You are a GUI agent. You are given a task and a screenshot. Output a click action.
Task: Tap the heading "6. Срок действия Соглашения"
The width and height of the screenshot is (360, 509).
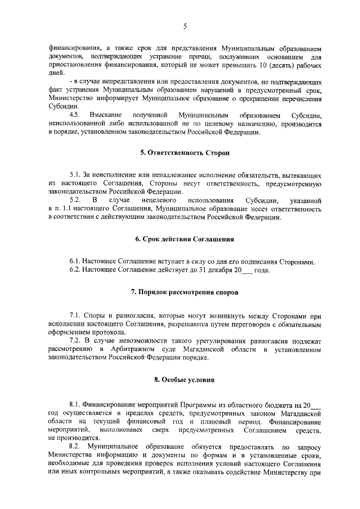tap(184, 239)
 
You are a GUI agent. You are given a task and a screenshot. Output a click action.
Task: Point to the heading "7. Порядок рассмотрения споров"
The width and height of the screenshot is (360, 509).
tap(184, 293)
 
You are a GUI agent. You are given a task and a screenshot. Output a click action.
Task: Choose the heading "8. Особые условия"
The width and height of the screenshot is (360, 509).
tap(184, 380)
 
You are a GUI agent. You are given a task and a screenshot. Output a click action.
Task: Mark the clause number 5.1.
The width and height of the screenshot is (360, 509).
tap(75, 176)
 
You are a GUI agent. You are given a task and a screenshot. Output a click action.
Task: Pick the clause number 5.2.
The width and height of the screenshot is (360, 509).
tap(75, 200)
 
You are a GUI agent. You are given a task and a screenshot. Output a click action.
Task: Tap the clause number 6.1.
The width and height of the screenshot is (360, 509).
tap(75, 263)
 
